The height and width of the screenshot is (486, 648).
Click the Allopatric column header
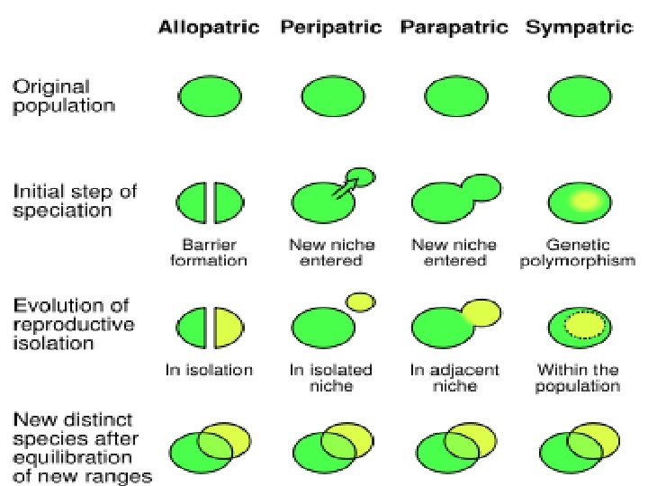(x=209, y=27)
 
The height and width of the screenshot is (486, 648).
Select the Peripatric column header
(x=332, y=27)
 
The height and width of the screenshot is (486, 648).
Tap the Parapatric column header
(x=454, y=27)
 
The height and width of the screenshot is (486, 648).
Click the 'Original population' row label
(x=63, y=96)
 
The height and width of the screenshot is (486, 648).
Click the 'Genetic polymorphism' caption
(x=578, y=252)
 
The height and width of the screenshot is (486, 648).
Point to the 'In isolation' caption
(x=210, y=369)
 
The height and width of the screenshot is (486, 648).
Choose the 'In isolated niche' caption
(x=331, y=377)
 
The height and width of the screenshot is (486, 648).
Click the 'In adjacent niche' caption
(x=454, y=377)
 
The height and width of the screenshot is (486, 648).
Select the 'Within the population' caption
(x=578, y=377)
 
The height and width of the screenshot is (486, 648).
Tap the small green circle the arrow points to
(x=361, y=175)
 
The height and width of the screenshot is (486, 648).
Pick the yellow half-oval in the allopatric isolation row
(x=229, y=328)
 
